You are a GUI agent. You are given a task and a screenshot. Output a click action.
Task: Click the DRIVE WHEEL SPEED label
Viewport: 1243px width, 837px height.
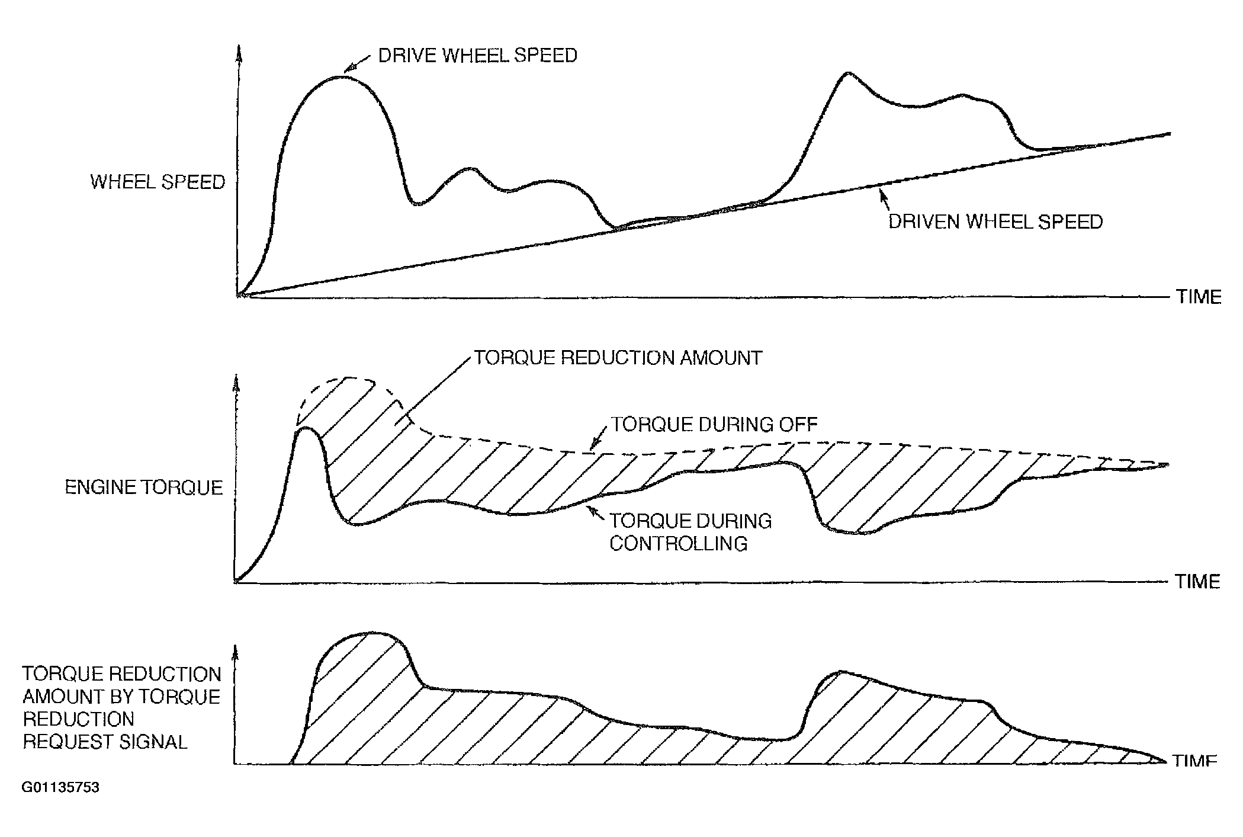(x=477, y=56)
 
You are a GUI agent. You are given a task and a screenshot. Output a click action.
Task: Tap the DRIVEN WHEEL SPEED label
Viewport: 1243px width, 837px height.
(x=995, y=222)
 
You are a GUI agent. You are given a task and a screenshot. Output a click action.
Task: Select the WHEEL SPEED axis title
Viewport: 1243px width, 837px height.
(x=158, y=182)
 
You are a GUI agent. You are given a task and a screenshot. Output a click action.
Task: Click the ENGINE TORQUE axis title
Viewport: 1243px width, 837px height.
(x=144, y=488)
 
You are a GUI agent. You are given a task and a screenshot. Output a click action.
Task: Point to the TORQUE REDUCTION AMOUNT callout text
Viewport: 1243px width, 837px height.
(x=618, y=358)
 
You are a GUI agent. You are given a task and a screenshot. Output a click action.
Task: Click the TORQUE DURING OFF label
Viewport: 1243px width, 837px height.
(x=714, y=424)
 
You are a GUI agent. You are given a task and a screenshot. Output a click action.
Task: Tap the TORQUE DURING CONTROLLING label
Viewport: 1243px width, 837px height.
(x=690, y=532)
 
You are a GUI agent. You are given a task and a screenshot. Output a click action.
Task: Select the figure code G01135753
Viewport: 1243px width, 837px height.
(x=60, y=787)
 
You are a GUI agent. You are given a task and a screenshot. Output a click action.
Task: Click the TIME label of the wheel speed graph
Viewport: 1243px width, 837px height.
(x=1199, y=297)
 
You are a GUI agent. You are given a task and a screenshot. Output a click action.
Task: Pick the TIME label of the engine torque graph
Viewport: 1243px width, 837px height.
(x=1197, y=581)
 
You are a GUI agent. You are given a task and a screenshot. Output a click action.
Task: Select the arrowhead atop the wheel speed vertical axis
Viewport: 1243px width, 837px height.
(x=239, y=52)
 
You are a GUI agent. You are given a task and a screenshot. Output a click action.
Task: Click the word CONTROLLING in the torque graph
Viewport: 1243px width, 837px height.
(x=678, y=543)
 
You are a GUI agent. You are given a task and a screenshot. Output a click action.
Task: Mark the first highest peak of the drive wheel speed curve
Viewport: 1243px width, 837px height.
(x=340, y=76)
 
